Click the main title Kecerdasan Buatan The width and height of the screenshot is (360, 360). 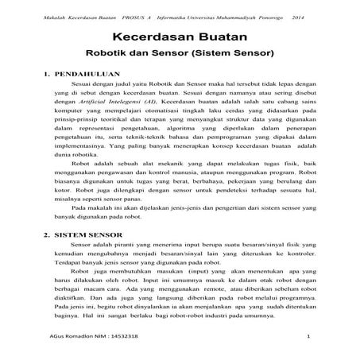tap(180, 37)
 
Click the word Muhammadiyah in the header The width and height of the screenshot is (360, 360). tap(230, 16)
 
